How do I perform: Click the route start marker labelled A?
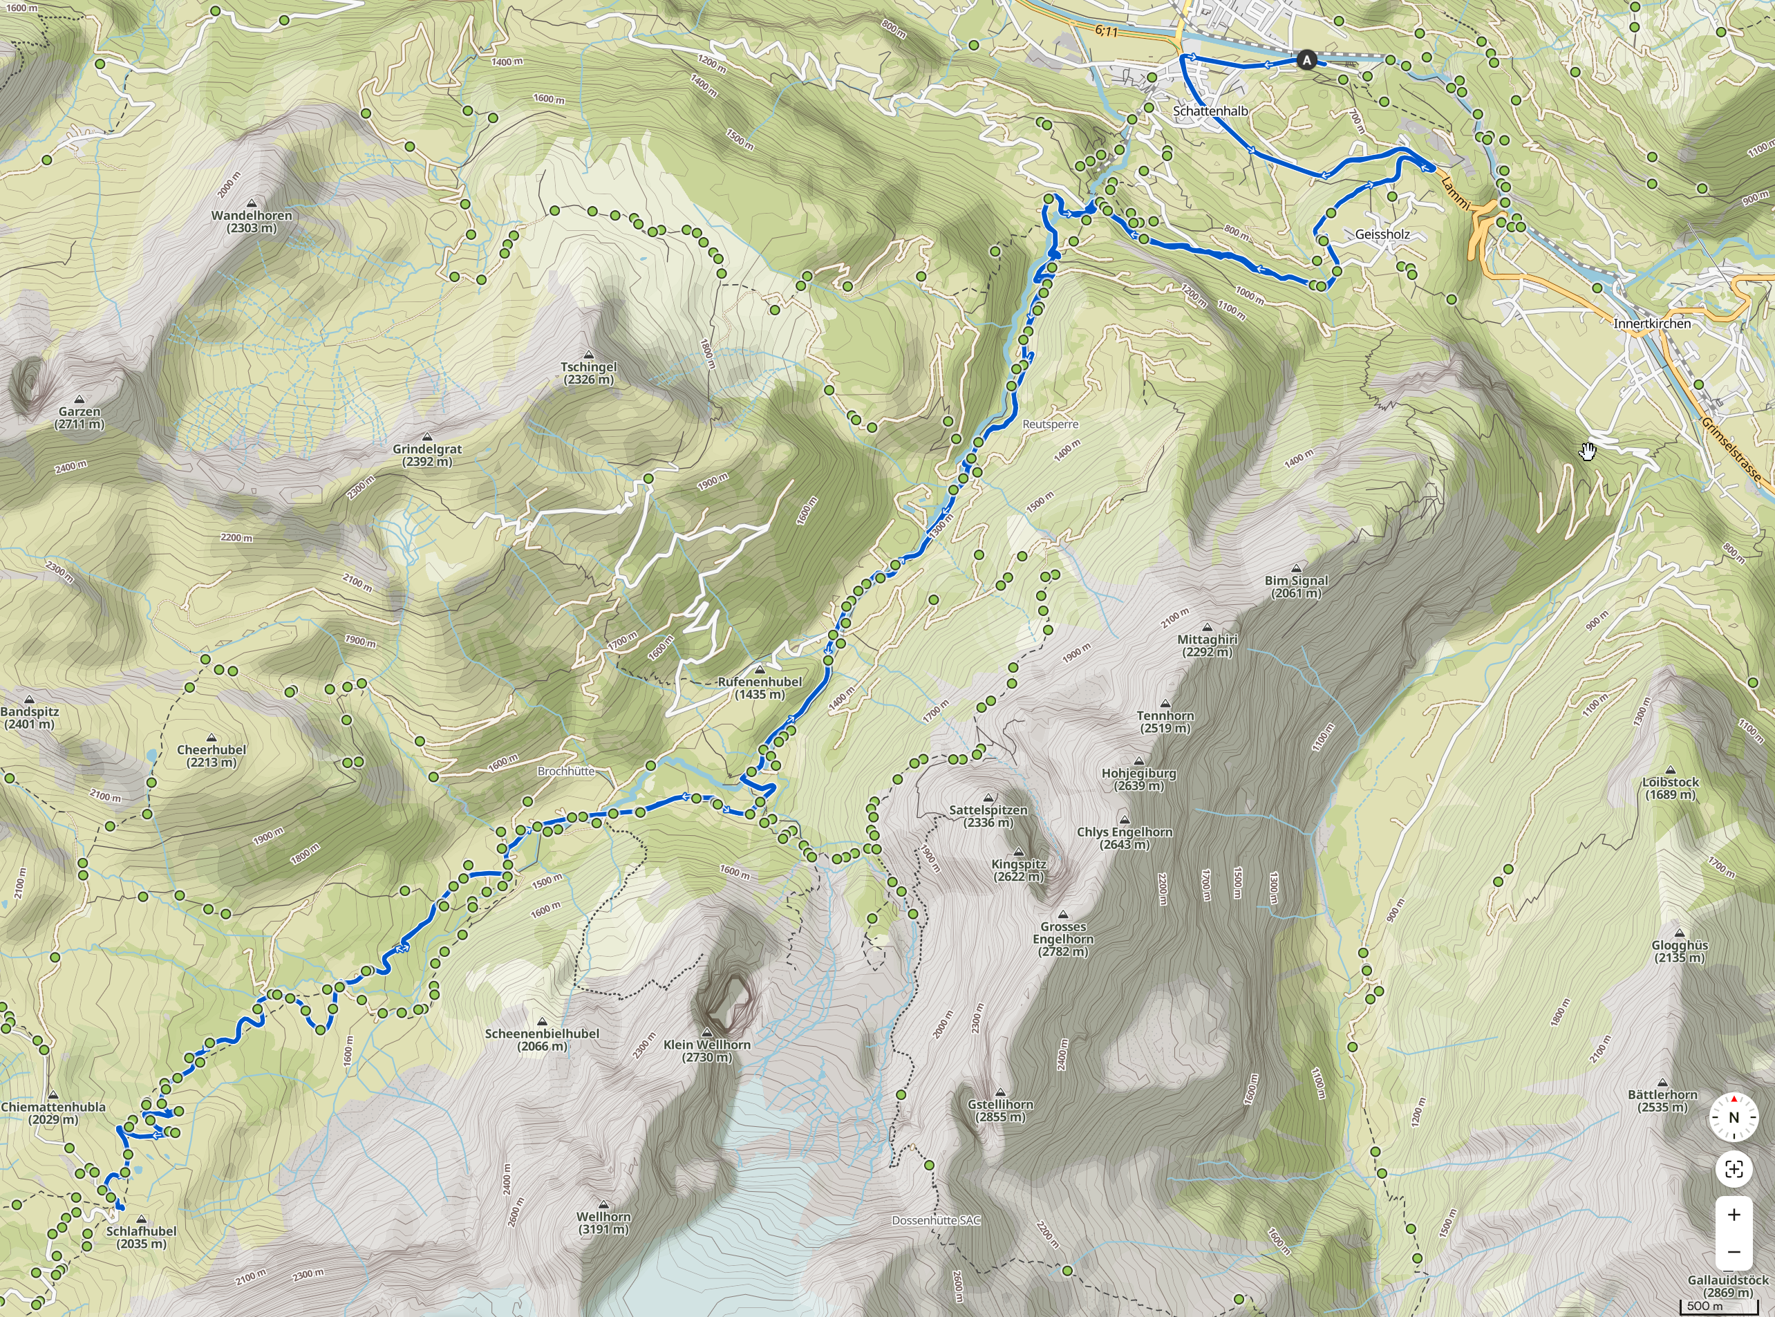point(1306,59)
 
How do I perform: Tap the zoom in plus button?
point(1734,1215)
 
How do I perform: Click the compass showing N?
point(1734,1117)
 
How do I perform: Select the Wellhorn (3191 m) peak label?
point(603,1223)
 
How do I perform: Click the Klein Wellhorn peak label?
point(707,1050)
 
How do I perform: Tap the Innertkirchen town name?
point(1651,324)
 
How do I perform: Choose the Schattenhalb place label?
point(1210,111)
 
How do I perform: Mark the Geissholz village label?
point(1382,234)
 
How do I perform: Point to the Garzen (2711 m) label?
point(79,418)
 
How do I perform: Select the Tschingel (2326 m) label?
point(588,373)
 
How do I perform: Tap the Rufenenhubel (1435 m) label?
point(760,687)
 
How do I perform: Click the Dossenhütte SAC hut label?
point(936,1220)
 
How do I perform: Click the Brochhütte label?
point(566,771)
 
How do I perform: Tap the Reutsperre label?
point(1050,424)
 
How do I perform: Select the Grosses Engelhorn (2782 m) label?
point(1063,938)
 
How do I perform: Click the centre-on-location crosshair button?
point(1734,1170)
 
